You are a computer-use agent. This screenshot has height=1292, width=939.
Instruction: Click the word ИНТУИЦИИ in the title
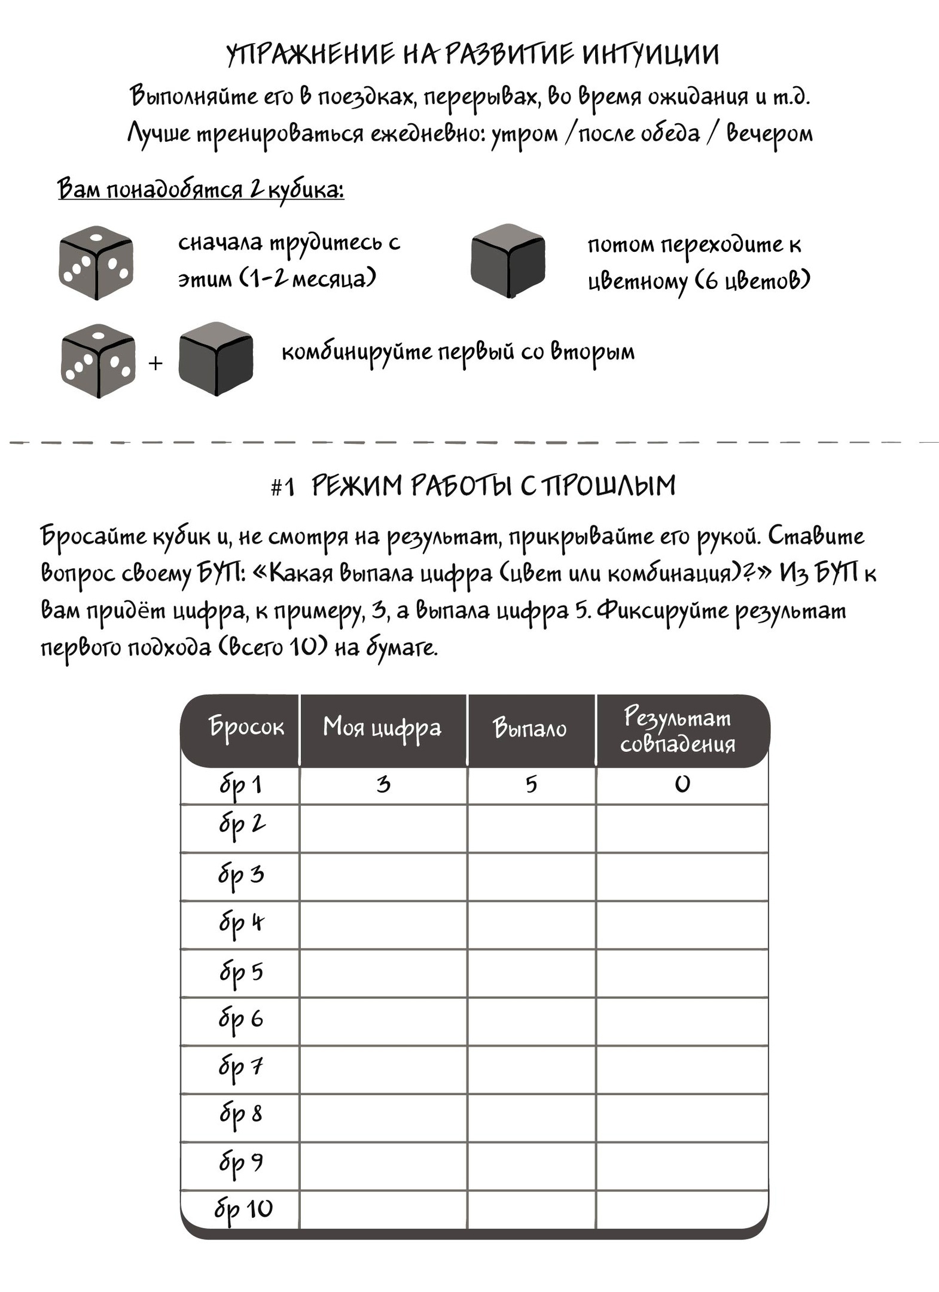coord(650,54)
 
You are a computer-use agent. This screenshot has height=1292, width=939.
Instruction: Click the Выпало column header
coord(530,729)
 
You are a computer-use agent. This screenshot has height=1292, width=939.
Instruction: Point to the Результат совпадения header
coord(678,730)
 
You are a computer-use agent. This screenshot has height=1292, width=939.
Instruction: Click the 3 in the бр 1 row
coord(383,784)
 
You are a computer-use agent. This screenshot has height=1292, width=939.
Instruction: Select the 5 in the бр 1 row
coord(531,784)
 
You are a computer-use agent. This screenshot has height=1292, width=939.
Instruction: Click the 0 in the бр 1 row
coord(682,784)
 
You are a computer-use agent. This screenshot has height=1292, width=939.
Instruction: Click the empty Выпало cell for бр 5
coord(531,973)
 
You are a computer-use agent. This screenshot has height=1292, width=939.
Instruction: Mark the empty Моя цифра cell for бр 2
coord(383,828)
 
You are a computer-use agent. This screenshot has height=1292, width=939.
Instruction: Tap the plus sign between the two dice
coord(156,363)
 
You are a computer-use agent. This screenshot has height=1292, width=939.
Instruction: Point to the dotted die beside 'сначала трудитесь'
coord(96,263)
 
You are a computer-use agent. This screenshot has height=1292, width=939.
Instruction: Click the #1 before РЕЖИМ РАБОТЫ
coord(283,488)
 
